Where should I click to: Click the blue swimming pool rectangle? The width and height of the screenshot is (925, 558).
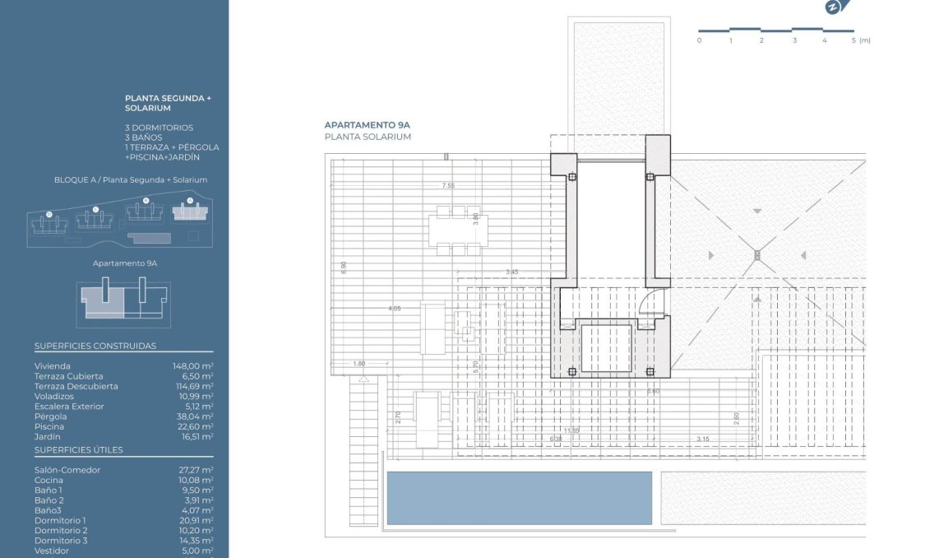tap(520, 497)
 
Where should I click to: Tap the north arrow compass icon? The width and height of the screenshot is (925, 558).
tap(833, 7)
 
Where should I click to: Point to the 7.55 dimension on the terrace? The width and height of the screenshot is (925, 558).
tap(448, 186)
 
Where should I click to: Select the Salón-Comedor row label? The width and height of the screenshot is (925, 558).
tap(67, 470)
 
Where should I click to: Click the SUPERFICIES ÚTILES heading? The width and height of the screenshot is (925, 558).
tap(79, 450)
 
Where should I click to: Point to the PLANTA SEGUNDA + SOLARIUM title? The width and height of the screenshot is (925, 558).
tap(168, 103)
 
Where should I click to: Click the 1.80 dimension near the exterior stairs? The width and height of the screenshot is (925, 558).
tap(358, 364)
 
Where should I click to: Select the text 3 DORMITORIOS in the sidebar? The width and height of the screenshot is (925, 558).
tap(160, 128)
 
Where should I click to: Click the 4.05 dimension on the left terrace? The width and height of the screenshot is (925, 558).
tap(395, 309)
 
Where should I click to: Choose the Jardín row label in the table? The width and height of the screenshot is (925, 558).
tap(48, 436)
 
